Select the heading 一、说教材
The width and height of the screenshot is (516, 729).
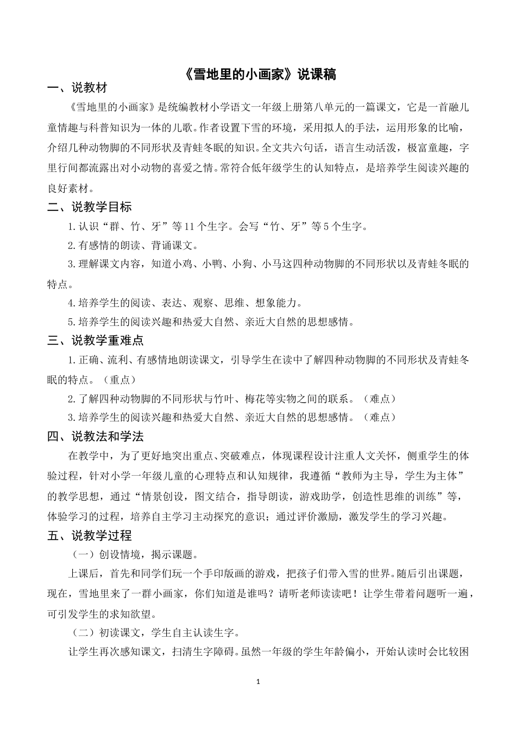tap(77, 88)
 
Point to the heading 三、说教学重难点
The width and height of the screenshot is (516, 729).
tap(95, 341)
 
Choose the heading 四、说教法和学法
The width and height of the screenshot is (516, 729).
tap(95, 436)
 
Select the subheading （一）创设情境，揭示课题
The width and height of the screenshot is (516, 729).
tap(134, 554)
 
